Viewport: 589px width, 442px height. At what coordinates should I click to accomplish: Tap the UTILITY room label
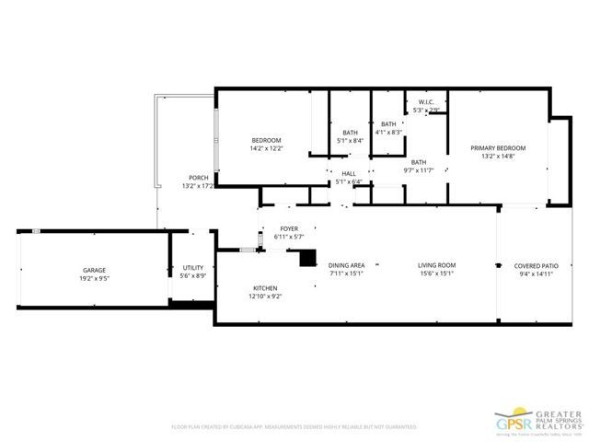[192, 267]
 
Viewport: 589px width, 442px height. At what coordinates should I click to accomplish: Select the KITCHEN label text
[265, 288]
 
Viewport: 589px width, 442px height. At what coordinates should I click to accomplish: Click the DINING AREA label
[347, 265]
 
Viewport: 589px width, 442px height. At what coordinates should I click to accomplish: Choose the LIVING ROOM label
[437, 265]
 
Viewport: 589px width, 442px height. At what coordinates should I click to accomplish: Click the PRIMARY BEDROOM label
[498, 147]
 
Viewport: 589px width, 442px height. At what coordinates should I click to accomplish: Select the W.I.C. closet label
[425, 102]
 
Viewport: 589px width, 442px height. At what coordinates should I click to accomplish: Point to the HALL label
[348, 173]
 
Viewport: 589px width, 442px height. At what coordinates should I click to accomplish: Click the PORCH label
[198, 178]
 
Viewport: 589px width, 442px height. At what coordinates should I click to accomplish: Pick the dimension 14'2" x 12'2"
[266, 147]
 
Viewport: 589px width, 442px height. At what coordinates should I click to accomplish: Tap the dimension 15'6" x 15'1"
[437, 273]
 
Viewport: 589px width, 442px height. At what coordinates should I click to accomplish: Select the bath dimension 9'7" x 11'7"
[418, 170]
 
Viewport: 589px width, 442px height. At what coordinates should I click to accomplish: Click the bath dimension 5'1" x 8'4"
[350, 140]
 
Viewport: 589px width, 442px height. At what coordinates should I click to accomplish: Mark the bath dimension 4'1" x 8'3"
[388, 132]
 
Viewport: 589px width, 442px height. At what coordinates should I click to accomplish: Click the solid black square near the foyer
[306, 259]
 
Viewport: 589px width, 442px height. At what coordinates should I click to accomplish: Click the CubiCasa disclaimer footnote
[294, 427]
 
